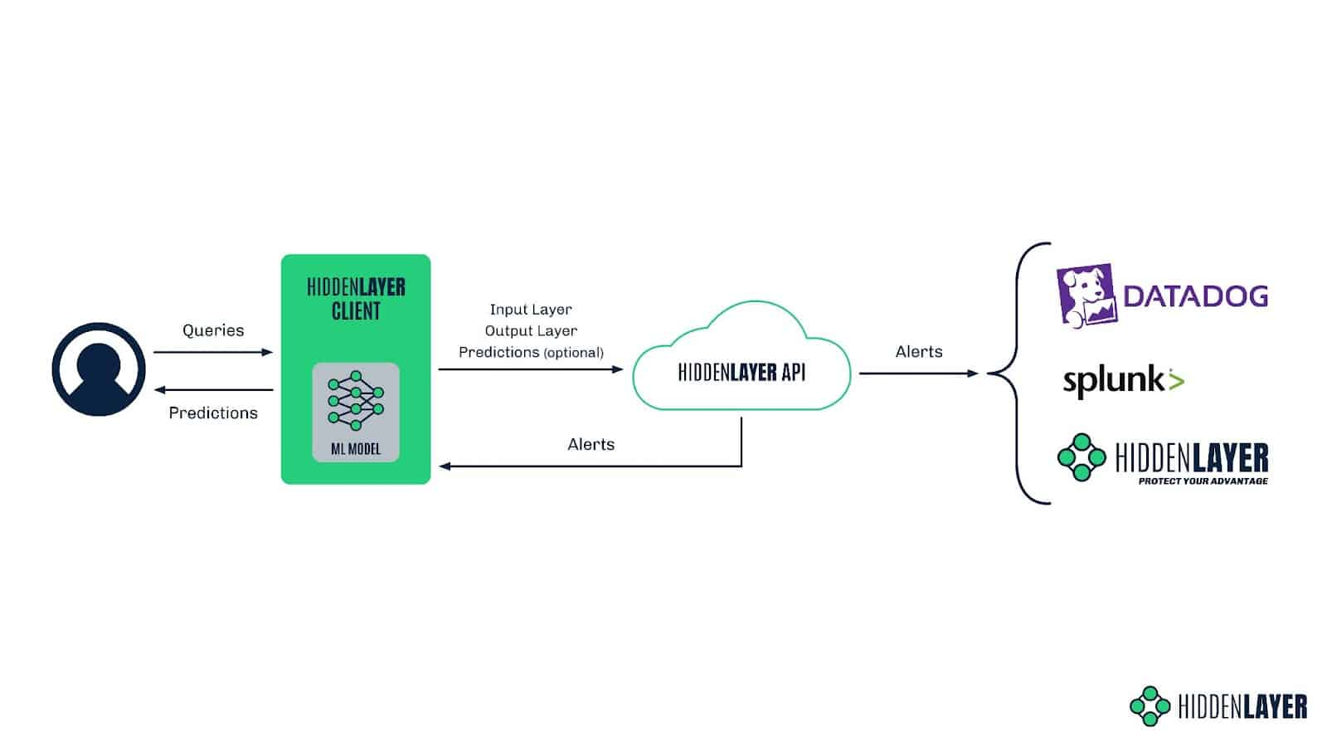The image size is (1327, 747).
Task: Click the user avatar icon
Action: click(x=99, y=369)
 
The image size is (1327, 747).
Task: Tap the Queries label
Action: click(x=213, y=330)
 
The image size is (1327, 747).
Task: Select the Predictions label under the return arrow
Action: click(x=213, y=413)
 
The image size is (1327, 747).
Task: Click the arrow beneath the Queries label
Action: click(x=213, y=353)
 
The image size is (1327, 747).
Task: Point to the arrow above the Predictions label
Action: click(x=213, y=390)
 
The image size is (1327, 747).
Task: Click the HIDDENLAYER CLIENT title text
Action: click(x=356, y=299)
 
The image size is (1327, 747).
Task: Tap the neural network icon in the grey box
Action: click(x=356, y=401)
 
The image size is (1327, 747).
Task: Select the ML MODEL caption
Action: click(x=356, y=449)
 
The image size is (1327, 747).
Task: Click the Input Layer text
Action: click(x=531, y=310)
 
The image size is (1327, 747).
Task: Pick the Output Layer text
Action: click(x=531, y=331)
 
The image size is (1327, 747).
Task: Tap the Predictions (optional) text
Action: click(x=531, y=353)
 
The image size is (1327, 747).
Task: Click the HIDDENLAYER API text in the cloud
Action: click(x=741, y=373)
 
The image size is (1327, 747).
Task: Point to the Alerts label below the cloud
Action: click(x=591, y=445)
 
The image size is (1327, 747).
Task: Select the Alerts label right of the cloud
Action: click(x=919, y=352)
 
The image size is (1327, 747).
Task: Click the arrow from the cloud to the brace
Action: click(x=919, y=373)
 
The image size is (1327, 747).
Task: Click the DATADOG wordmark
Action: click(x=1195, y=296)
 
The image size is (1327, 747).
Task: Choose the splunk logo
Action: click(x=1123, y=380)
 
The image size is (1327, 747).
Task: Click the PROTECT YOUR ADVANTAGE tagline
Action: click(x=1203, y=481)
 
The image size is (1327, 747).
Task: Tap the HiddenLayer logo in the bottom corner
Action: click(x=1218, y=706)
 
